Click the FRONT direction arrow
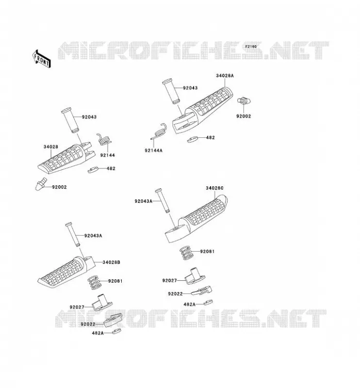[x=42, y=59]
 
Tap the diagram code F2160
[x=251, y=47]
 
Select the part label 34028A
[x=225, y=76]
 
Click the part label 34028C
[x=214, y=188]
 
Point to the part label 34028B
[x=112, y=262]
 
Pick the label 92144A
[x=153, y=150]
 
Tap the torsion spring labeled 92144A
[x=159, y=132]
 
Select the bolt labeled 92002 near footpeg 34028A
[x=244, y=101]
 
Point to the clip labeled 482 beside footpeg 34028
[x=93, y=170]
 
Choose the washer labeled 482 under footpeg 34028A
[x=193, y=139]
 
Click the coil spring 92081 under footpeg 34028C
[x=186, y=253]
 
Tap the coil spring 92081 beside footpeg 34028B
[x=95, y=283]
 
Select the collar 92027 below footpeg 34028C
[x=195, y=276]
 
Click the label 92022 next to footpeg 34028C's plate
[x=175, y=294]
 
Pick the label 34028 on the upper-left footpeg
[x=51, y=147]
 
